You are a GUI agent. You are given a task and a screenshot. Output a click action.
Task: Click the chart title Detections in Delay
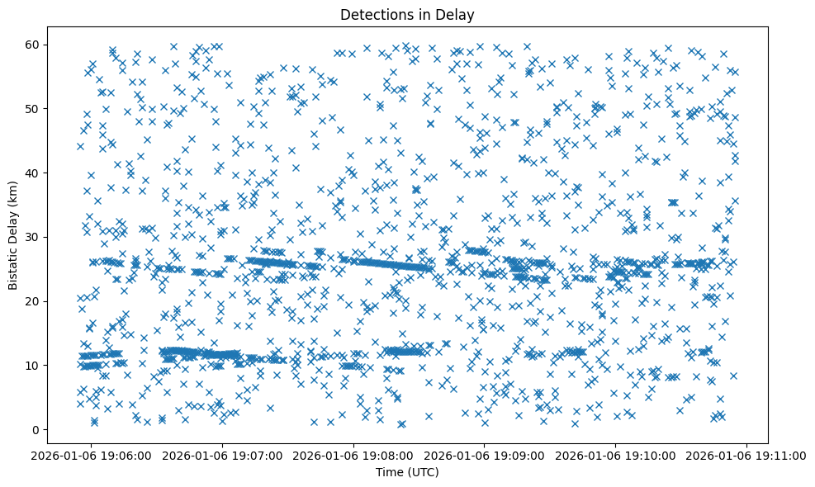[x=407, y=14]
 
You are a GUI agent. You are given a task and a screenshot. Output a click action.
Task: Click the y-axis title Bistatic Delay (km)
[x=14, y=234]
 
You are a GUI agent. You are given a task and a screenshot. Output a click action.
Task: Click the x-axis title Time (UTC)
[x=407, y=472]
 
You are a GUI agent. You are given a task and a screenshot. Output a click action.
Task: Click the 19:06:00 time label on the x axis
[x=91, y=455]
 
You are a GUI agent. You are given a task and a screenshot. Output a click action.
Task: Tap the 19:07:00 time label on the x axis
[x=222, y=455]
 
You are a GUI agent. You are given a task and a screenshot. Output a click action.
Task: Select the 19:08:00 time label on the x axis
[x=353, y=455]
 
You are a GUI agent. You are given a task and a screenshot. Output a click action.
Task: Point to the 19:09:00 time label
[x=485, y=455]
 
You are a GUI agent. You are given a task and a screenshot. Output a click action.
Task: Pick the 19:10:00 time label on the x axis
[x=616, y=455]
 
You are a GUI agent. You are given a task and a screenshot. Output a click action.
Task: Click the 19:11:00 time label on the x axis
[x=747, y=455]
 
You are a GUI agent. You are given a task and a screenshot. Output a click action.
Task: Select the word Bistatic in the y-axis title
[x=14, y=265]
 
